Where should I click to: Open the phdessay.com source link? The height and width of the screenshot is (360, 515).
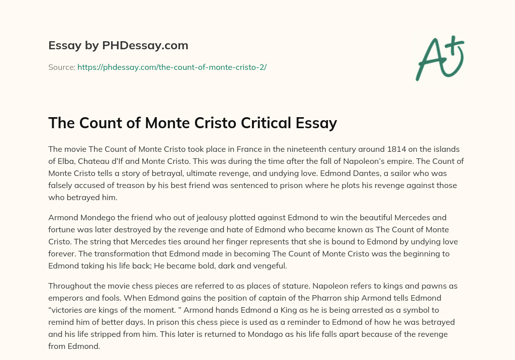pos(171,67)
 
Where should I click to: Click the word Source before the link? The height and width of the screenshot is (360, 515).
pos(61,67)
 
